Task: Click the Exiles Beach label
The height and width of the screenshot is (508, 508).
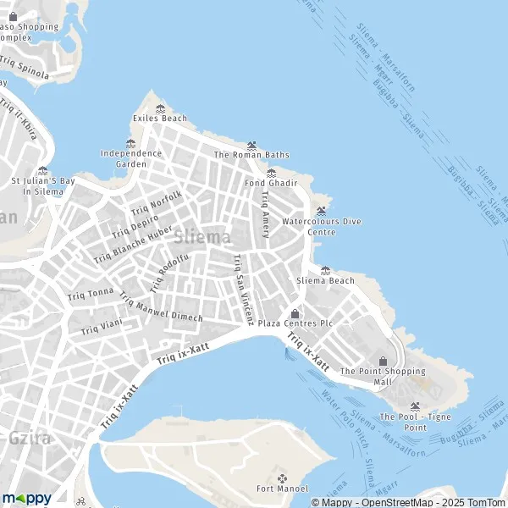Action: pyautogui.click(x=160, y=119)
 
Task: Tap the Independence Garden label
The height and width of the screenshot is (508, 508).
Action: pyautogui.click(x=131, y=158)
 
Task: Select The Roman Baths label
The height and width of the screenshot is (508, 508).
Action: pyautogui.click(x=251, y=155)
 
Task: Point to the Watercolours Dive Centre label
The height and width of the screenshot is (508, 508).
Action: pyautogui.click(x=321, y=226)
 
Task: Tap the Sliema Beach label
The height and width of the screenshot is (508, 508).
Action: pyautogui.click(x=325, y=280)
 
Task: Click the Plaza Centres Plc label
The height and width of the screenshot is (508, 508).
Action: pyautogui.click(x=295, y=323)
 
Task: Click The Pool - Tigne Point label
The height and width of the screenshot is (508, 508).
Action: pyautogui.click(x=414, y=422)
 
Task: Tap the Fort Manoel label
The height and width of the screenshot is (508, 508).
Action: pyautogui.click(x=282, y=489)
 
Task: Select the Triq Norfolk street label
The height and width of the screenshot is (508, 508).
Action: pyautogui.click(x=157, y=202)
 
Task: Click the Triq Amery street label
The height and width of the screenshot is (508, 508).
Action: pyautogui.click(x=266, y=213)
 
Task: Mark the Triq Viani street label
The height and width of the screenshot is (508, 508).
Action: pyautogui.click(x=102, y=327)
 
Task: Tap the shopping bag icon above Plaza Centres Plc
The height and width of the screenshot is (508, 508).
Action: pyautogui.click(x=295, y=313)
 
